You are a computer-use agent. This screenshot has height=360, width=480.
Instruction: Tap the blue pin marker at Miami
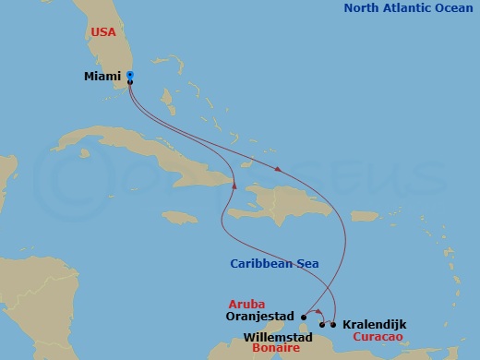[x=130, y=75]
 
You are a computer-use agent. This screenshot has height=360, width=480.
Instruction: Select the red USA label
[x=103, y=31]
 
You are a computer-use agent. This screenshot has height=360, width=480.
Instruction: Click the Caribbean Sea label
[x=275, y=264]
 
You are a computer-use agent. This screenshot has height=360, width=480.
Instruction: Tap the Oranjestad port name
[x=259, y=316]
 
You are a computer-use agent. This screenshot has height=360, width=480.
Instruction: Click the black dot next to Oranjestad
[x=303, y=316]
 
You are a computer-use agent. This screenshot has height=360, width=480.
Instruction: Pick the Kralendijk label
[x=374, y=325]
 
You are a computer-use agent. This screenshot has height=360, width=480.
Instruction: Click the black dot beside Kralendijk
[x=333, y=324]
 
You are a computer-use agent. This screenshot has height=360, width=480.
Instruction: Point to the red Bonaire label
[x=275, y=349]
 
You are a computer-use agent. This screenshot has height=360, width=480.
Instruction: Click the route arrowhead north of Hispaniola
[x=277, y=168]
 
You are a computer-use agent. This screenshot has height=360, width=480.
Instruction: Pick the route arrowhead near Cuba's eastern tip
[x=235, y=186]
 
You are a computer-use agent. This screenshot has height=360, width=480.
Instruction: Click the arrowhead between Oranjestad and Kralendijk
[x=318, y=311]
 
